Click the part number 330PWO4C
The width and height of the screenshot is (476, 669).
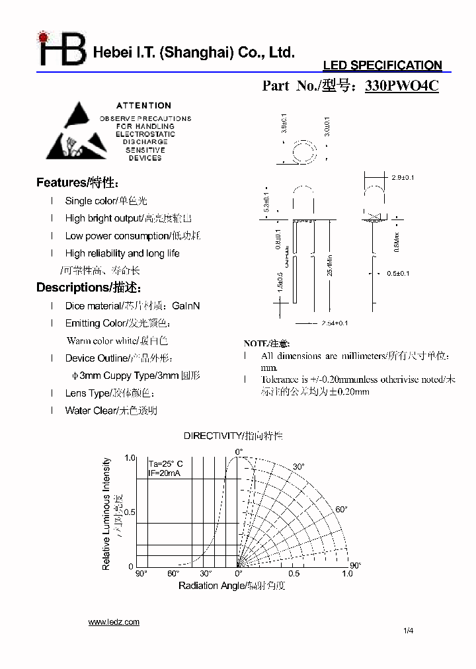(401, 86)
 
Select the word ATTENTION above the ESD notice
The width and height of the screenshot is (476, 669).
(143, 105)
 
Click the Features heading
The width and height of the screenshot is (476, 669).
(77, 183)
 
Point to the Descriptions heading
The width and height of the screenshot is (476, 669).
(88, 288)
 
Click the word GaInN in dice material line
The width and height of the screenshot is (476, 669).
(186, 306)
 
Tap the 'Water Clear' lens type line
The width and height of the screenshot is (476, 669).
(111, 411)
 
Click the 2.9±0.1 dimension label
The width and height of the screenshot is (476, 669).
(403, 178)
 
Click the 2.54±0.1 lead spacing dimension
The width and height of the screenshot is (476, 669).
(335, 323)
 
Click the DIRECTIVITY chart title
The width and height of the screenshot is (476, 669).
(233, 436)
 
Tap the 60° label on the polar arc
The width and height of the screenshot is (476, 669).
(341, 510)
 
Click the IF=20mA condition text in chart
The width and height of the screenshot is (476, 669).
(165, 474)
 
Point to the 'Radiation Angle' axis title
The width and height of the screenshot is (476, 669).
(231, 586)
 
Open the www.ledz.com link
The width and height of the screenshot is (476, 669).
(114, 622)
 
